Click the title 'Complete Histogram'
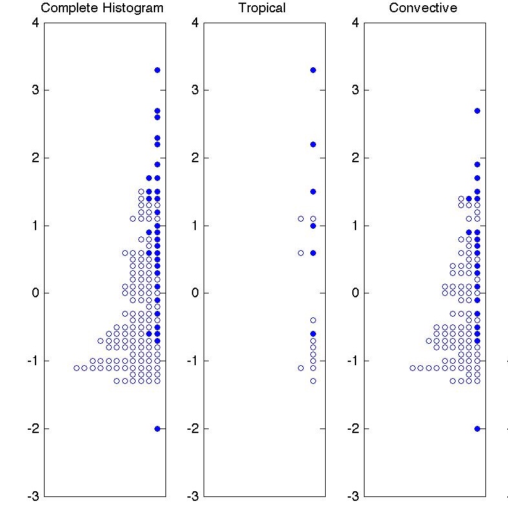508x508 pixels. point(102,8)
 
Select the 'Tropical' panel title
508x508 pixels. point(262,8)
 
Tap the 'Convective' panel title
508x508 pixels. point(423,8)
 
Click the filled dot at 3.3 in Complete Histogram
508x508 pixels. point(157,70)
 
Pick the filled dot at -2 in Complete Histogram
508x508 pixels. point(157,429)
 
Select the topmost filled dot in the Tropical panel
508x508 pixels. point(313,70)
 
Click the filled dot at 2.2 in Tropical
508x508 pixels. point(313,144)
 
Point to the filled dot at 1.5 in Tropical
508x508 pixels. point(313,191)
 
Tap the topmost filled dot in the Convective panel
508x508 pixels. point(477,111)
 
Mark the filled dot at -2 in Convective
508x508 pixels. point(477,429)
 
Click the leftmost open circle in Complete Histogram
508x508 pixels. point(76,368)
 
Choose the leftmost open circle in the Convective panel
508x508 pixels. point(412,368)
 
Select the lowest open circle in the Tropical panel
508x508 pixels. point(313,381)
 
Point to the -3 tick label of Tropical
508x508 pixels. point(193,496)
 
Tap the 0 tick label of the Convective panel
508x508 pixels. point(355,293)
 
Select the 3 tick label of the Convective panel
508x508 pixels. point(355,90)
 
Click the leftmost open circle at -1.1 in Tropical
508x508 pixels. point(301,368)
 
